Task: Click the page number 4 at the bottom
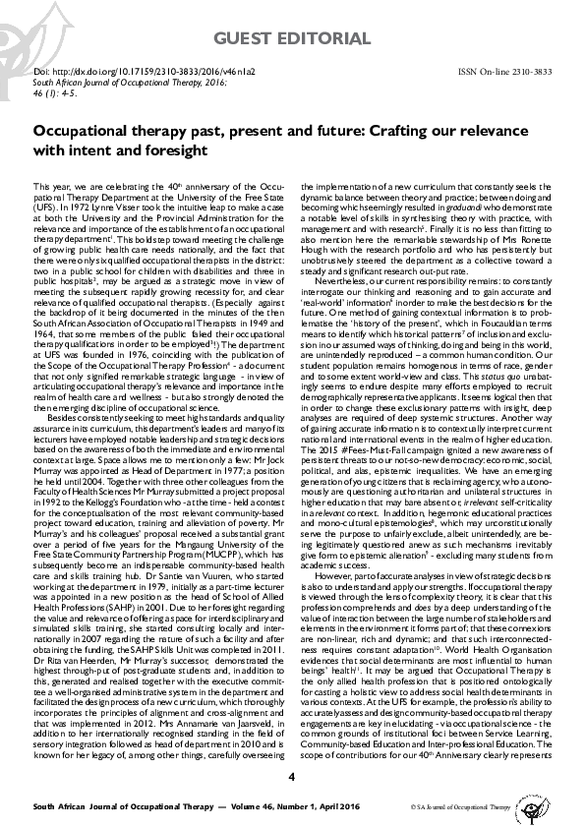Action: pyautogui.click(x=291, y=782)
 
